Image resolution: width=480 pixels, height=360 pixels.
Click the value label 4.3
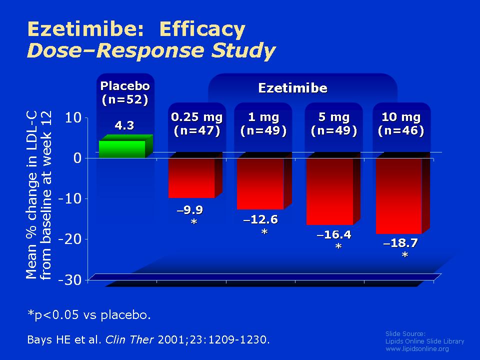coord(124,125)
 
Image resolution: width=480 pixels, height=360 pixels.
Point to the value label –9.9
coord(190,210)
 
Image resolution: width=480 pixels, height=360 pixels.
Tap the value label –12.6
coord(260,219)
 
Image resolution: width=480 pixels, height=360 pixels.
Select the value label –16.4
coord(334,234)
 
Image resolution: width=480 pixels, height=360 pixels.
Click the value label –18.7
coord(400,243)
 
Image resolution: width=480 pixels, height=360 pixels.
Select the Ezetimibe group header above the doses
coord(293,88)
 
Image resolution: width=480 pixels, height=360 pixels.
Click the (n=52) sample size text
coord(125,100)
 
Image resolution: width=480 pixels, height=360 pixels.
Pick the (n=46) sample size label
coord(401,130)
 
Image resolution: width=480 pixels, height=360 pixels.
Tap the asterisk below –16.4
coord(338,246)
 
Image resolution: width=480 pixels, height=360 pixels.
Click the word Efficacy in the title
coord(202,29)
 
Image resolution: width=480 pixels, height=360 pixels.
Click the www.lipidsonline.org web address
coord(417,348)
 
